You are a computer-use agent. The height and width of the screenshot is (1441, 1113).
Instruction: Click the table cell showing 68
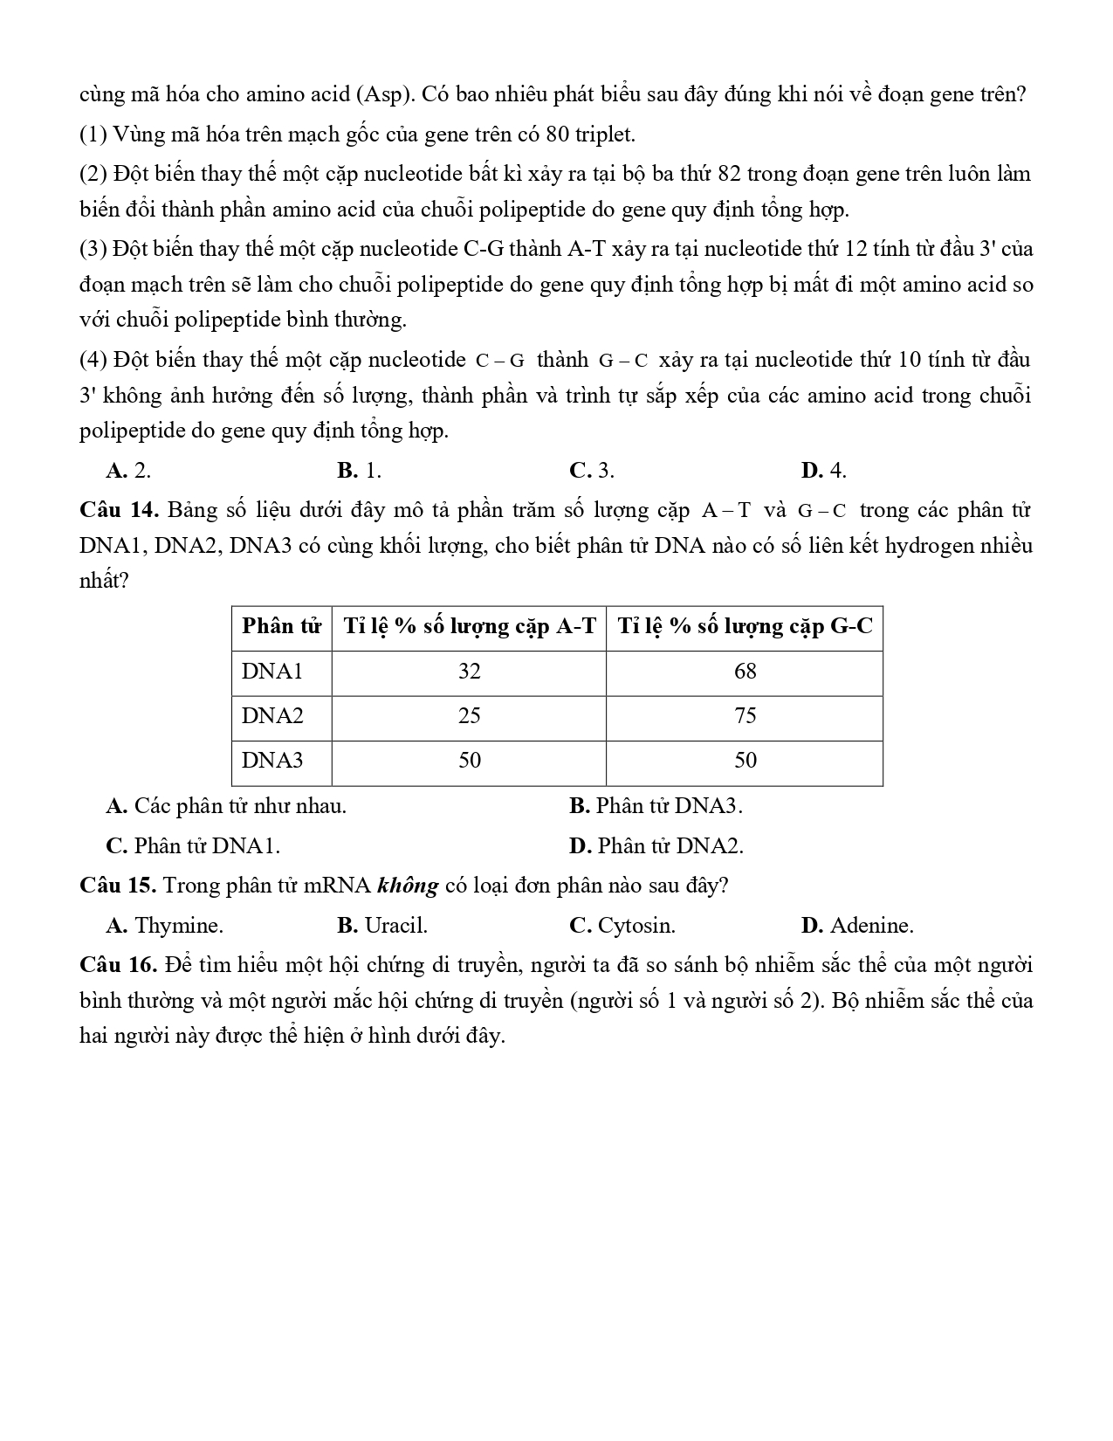[x=745, y=672]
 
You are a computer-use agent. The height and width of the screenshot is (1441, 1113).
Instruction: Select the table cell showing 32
[x=469, y=672]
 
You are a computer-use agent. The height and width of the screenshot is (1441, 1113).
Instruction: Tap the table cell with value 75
[x=745, y=716]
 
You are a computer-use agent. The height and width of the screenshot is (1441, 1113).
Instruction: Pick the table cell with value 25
[x=469, y=716]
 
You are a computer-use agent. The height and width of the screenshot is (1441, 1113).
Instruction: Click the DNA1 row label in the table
[x=272, y=672]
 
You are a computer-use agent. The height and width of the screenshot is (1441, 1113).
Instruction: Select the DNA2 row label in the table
[x=272, y=716]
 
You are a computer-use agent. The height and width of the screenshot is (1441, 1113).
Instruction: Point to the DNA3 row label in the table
[x=272, y=761]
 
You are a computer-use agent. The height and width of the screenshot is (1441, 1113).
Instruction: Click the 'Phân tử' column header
[x=281, y=626]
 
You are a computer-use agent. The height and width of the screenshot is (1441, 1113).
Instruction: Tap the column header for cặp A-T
[x=469, y=626]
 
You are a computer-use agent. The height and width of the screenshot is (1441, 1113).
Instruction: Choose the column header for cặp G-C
[x=745, y=626]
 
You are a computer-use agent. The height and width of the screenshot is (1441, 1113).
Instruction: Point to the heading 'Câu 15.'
[x=117, y=886]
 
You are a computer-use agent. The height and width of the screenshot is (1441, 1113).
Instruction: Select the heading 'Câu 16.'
[x=117, y=965]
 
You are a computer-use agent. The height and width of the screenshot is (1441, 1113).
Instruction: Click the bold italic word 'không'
[x=408, y=886]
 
